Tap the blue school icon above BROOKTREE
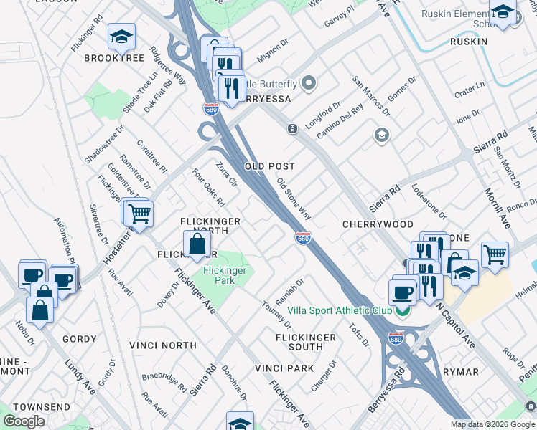pos(121,37)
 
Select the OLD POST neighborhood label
pos(270,166)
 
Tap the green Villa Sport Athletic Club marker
pos(403,310)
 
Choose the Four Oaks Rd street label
pos(209,187)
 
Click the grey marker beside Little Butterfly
pos(309,84)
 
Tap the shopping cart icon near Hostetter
pos(140,213)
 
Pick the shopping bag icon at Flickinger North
pos(197,244)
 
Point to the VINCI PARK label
pos(284,368)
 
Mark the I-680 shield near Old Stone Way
pos(303,238)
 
